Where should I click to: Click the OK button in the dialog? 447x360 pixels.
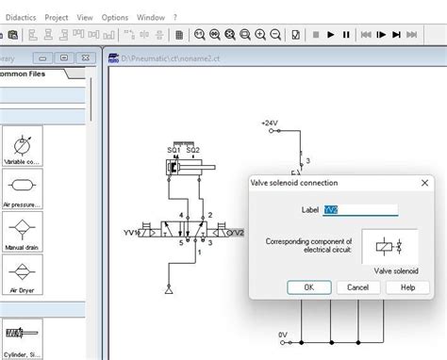point(307,286)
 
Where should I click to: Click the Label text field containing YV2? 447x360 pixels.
point(360,210)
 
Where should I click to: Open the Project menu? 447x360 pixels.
point(57,17)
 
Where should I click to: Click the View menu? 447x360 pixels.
point(85,17)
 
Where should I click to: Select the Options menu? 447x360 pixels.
point(114,17)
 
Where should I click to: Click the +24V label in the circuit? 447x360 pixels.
point(272,123)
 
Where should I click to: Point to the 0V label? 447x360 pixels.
point(282,335)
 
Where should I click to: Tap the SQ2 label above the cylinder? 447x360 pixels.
point(193,150)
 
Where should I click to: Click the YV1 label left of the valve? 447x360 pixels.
point(132,232)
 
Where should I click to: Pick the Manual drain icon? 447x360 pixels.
point(22,231)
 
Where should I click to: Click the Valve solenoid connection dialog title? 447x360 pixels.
point(293,182)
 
